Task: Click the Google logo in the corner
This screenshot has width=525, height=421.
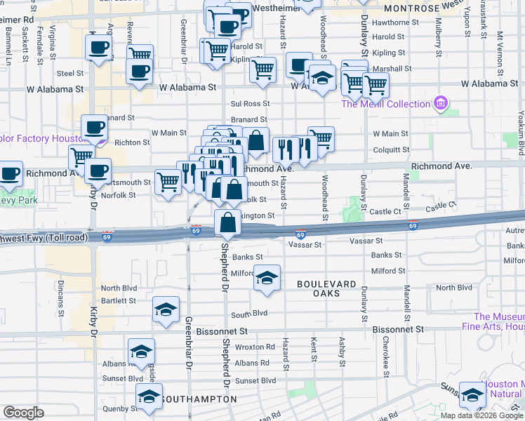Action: (x=23, y=413)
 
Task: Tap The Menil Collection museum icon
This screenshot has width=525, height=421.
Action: (x=441, y=104)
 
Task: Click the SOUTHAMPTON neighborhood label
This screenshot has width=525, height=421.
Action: (x=199, y=399)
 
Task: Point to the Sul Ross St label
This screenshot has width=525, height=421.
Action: (x=250, y=103)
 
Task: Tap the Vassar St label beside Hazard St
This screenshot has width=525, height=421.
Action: (x=305, y=245)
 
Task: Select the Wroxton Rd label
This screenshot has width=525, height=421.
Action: (x=255, y=347)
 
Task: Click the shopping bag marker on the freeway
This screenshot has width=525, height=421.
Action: (x=228, y=224)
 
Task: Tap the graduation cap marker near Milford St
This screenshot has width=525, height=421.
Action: (x=267, y=279)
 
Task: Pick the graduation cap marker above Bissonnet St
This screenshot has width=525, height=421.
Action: (x=165, y=310)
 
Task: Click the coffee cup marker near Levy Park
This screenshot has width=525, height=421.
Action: (x=9, y=175)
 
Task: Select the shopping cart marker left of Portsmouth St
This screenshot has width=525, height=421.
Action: (x=168, y=183)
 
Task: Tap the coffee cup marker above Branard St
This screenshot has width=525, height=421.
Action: (x=94, y=128)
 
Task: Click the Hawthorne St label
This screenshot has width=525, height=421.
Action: (x=395, y=22)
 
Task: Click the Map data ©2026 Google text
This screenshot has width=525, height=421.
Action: (x=481, y=415)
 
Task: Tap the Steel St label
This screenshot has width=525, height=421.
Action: (x=70, y=72)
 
